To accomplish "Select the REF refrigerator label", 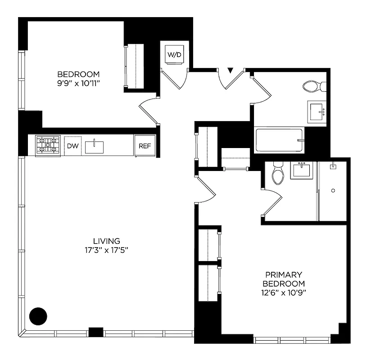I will coord(145,146).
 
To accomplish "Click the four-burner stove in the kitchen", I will coord(48,145).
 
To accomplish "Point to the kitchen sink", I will coord(95,146).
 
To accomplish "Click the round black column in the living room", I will coord(38,316).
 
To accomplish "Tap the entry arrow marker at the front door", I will coord(231,71).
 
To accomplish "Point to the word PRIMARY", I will coord(283,274).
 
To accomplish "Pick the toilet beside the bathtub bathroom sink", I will coord(311,86).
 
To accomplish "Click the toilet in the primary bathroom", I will coord(277,175).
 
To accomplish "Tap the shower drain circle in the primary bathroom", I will coord(333,191).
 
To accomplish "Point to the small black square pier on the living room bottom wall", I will coord(96,332).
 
